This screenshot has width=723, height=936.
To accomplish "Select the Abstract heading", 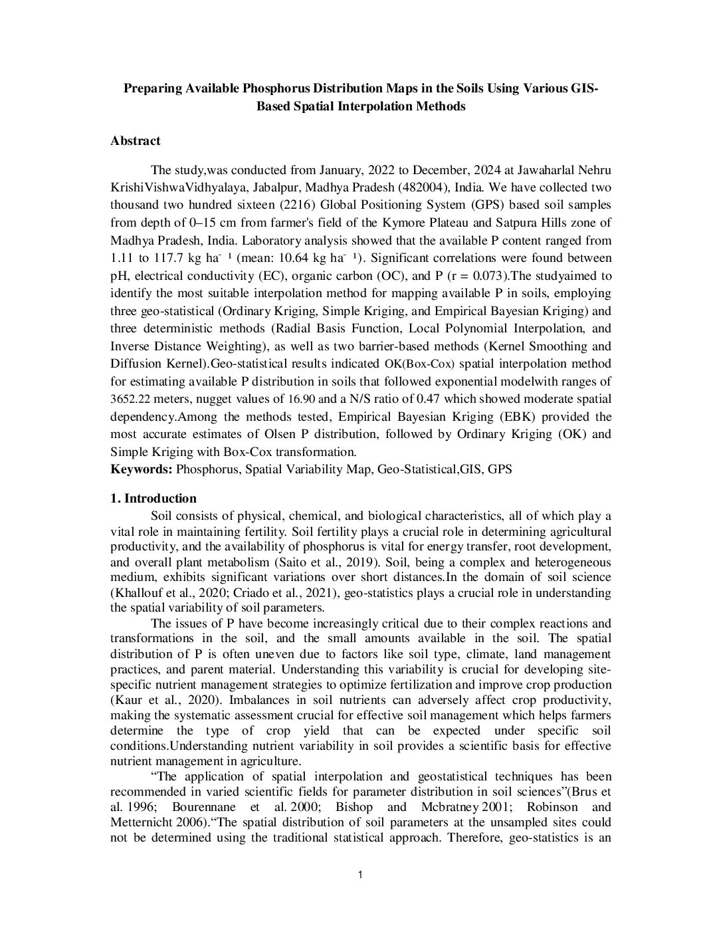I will coord(135,141).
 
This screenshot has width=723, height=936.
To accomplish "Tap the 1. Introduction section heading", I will coord(154,499).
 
